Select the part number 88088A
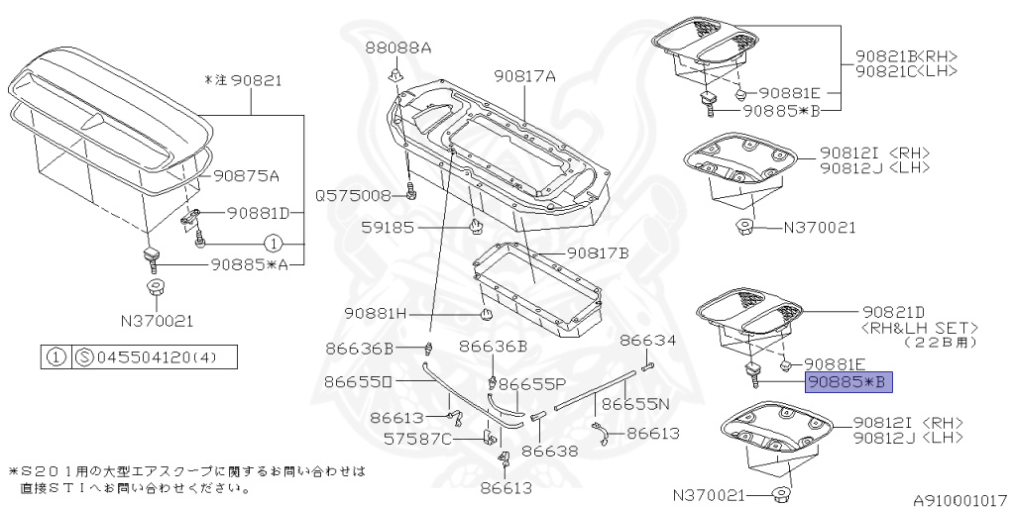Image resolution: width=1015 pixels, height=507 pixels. click(x=397, y=48)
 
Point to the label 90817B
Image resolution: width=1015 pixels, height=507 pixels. click(x=597, y=253)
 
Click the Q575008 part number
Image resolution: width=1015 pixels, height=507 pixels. click(x=354, y=195)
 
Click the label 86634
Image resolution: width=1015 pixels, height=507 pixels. click(x=648, y=340)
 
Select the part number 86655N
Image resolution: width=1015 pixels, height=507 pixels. click(x=635, y=404)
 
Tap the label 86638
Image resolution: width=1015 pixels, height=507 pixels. click(x=549, y=452)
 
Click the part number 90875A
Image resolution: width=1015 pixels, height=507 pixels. click(x=246, y=176)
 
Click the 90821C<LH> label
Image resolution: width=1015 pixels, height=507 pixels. click(x=906, y=71)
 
